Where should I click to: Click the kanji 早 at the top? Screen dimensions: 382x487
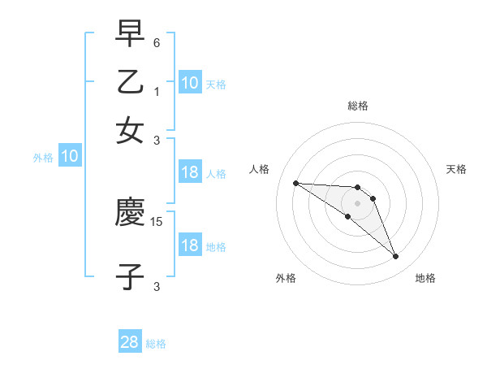coord(131,35)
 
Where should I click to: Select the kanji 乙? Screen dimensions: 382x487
coord(131,82)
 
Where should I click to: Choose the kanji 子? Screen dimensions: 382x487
coord(131,276)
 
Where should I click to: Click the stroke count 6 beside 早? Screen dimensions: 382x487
coord(157,42)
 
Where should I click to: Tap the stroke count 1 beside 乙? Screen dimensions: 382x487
coord(157,91)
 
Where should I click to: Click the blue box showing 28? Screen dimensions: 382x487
coord(130,342)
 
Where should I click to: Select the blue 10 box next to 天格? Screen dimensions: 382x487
coord(190,82)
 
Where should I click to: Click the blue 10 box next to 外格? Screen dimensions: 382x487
coord(70,156)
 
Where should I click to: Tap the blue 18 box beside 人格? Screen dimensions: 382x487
coord(190,172)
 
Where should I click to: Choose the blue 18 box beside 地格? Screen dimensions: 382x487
coord(190,245)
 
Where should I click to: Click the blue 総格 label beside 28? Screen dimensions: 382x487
coord(156,344)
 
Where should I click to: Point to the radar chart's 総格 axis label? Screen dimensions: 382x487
coord(357,106)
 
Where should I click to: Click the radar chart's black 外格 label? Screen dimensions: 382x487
coord(286,278)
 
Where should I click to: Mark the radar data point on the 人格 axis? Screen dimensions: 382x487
coord(295,183)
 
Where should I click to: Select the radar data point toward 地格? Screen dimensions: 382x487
coord(396,257)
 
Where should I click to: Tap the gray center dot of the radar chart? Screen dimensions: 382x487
coord(357,202)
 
